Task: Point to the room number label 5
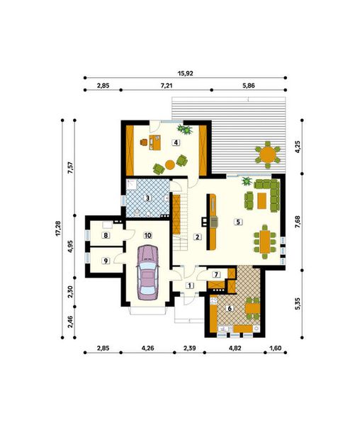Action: tap(238, 222)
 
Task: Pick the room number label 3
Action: tap(147, 198)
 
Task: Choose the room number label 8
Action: tap(105, 235)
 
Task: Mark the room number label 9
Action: tap(105, 261)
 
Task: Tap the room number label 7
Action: tap(217, 274)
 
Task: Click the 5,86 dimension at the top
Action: tap(249, 85)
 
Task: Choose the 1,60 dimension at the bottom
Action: tap(276, 348)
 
